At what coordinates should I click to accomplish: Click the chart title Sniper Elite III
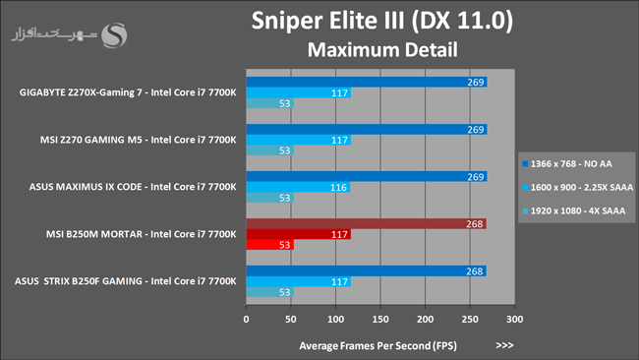pyautogui.click(x=329, y=21)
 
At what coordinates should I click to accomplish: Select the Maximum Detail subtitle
pyautogui.click(x=382, y=50)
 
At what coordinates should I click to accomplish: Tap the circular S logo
pyautogui.click(x=114, y=35)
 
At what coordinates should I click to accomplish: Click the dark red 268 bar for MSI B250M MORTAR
pyautogui.click(x=366, y=224)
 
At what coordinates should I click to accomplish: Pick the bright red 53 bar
pyautogui.click(x=269, y=245)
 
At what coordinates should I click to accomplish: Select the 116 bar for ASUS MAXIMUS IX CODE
pyautogui.click(x=298, y=187)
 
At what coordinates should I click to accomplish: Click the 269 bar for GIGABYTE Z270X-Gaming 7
pyautogui.click(x=367, y=82)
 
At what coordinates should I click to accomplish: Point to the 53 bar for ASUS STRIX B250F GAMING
pyautogui.click(x=269, y=292)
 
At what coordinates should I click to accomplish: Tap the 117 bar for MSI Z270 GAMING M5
pyautogui.click(x=298, y=140)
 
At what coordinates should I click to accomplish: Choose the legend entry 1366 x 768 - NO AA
pyautogui.click(x=567, y=164)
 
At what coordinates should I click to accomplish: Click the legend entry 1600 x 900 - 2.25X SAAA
pyautogui.click(x=577, y=188)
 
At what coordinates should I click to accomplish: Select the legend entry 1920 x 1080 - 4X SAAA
pyautogui.click(x=573, y=210)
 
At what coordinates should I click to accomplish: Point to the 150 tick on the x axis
pyautogui.click(x=380, y=320)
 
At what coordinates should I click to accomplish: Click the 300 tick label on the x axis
pyautogui.click(x=515, y=320)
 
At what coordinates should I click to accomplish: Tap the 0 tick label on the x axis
pyautogui.click(x=246, y=320)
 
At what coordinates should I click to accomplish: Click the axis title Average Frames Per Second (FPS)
pyautogui.click(x=378, y=345)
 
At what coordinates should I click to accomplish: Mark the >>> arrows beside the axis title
pyautogui.click(x=504, y=345)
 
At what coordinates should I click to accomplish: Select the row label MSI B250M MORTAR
pyautogui.click(x=94, y=234)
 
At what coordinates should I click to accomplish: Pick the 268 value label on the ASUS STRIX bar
pyautogui.click(x=475, y=271)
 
